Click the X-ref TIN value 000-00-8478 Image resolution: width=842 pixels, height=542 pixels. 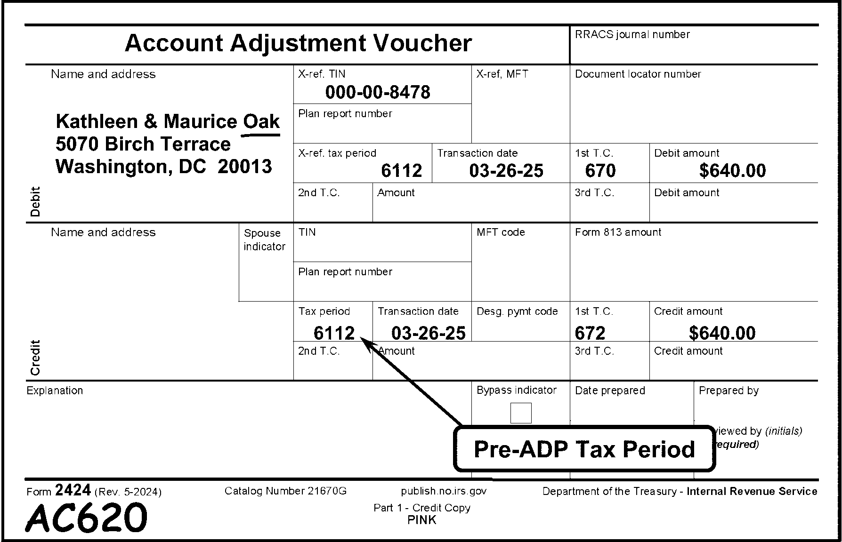[378, 92]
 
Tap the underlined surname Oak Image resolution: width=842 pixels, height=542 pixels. [261, 121]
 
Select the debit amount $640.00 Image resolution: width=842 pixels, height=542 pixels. [732, 171]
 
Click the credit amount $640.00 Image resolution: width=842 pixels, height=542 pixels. [722, 333]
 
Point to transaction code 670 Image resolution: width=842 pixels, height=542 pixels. [600, 171]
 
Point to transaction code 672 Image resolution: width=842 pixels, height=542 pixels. [590, 333]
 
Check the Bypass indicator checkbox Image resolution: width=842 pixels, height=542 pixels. [521, 413]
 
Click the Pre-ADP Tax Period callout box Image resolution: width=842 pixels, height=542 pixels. [584, 449]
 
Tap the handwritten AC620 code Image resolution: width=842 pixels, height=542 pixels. [86, 518]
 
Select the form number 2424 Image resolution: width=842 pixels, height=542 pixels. [73, 491]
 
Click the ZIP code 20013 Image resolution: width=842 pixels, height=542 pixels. [245, 167]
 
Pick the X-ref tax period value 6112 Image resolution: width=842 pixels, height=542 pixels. [401, 171]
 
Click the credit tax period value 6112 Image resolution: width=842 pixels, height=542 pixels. [334, 333]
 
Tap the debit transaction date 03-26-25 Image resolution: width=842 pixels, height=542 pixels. [506, 171]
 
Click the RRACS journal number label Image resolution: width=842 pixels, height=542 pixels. [632, 34]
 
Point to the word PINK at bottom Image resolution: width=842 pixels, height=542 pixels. [422, 520]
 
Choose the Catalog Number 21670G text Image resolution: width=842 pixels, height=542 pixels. [285, 491]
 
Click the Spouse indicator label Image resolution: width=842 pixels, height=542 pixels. [264, 240]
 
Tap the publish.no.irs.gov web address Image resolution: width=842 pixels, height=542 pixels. [444, 491]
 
